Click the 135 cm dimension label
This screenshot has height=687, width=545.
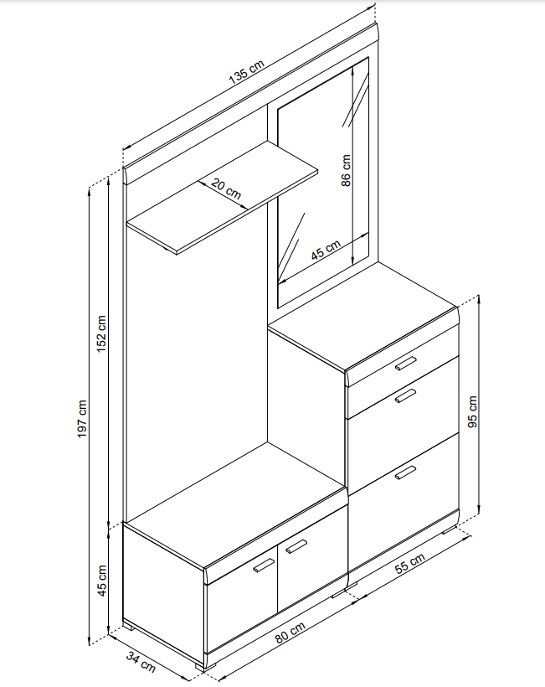[247, 71]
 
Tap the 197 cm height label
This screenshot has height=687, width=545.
[82, 418]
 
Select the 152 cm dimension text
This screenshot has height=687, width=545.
[101, 333]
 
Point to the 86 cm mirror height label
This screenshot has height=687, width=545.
[346, 170]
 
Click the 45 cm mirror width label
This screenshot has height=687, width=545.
[326, 250]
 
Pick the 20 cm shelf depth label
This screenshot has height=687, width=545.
[226, 189]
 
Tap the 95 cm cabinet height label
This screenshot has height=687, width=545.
[473, 411]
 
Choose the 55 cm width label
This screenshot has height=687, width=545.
[409, 564]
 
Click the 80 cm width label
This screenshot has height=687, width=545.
[290, 633]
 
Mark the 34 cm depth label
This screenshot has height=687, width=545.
[141, 662]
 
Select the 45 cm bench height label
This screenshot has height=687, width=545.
[101, 580]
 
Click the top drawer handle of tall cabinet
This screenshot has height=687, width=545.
[405, 364]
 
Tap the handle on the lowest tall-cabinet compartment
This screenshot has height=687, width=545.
[405, 473]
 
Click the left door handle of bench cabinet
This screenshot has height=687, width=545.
[264, 566]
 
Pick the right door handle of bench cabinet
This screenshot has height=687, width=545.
[296, 547]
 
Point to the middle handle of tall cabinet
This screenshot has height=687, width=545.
[405, 395]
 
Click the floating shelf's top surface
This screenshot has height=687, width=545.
[223, 197]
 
